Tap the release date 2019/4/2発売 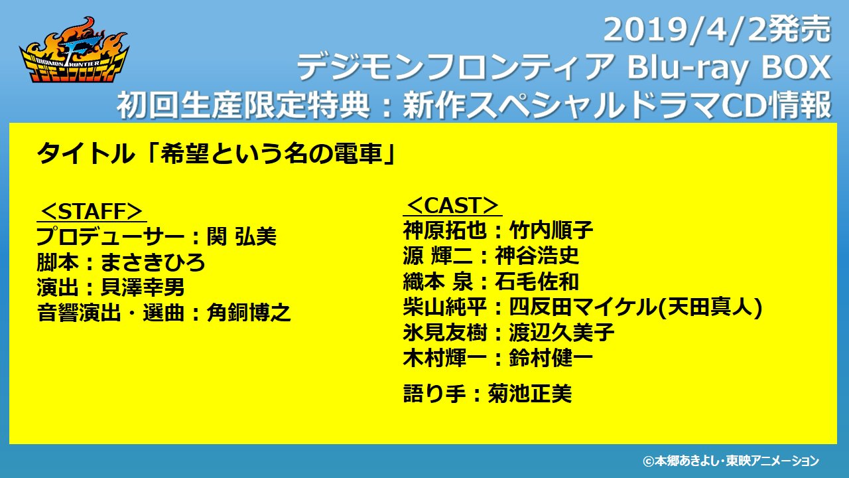click(717, 30)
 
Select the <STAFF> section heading click(92, 211)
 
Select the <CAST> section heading click(452, 206)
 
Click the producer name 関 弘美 click(241, 236)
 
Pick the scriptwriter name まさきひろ click(153, 262)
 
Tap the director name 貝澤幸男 click(143, 287)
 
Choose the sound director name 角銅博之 click(249, 313)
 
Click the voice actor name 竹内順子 click(551, 230)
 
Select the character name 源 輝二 click(438, 256)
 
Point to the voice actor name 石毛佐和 click(537, 281)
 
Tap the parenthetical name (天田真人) click(710, 307)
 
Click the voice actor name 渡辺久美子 click(561, 333)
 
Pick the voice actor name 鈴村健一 click(551, 358)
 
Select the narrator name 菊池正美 click(529, 394)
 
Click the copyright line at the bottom click(731, 461)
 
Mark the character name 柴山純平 click(445, 307)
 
